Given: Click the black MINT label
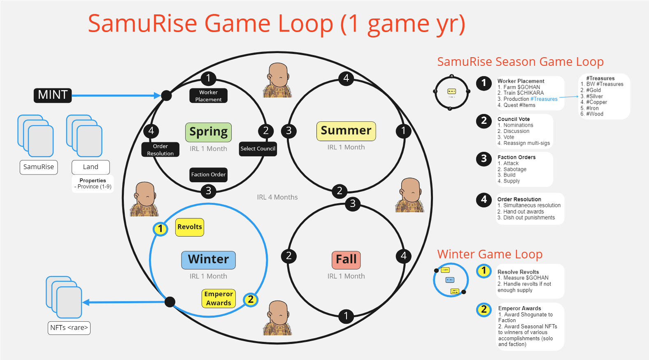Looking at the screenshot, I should pos(53,95).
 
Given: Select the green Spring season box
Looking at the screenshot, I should pos(208,132).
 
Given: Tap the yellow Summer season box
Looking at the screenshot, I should pos(346,131).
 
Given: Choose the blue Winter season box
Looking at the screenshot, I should pos(208,260).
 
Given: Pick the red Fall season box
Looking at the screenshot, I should pos(346,260).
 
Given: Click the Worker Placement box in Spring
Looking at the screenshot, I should pos(208,96).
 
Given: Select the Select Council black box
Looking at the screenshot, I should pos(258,149).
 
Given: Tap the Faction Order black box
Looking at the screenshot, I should pos(208,174).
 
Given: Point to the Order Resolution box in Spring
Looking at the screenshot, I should pos(161,150).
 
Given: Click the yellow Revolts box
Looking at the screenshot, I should pos(190,227).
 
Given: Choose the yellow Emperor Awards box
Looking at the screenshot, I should pos(219,299).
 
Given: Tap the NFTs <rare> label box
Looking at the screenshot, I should pos(69,328).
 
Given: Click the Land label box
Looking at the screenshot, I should pos(91,167).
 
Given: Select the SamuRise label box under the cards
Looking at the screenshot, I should pos(39,167).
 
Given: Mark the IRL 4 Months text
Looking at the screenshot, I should pos(277,197).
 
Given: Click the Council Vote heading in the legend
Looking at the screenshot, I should pos(514,119).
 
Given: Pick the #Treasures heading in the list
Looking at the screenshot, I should pos(600,79).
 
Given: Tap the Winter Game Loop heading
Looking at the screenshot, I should pos(490,254).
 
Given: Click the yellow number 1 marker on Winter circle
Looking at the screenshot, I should pos(160,229).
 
